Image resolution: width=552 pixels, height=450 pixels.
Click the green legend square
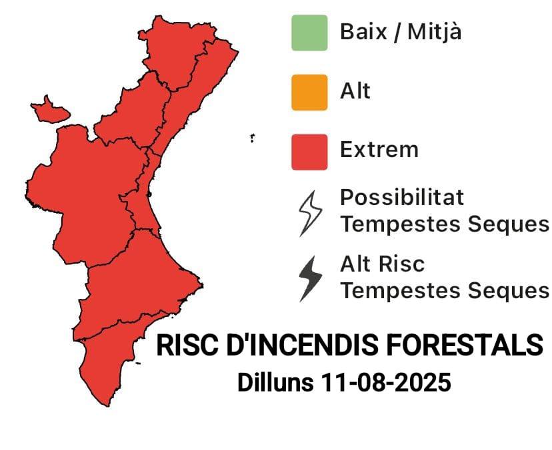pyautogui.click(x=309, y=33)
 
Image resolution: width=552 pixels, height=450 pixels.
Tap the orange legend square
pyautogui.click(x=309, y=93)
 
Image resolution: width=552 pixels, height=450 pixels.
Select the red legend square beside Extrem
pyautogui.click(x=309, y=152)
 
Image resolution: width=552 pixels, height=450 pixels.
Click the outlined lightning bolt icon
pyautogui.click(x=310, y=214)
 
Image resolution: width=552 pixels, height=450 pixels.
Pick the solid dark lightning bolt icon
pyautogui.click(x=310, y=279)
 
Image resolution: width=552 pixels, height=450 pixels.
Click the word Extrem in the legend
pyautogui.click(x=379, y=149)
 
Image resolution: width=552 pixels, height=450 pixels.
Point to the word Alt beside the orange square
pyautogui.click(x=355, y=91)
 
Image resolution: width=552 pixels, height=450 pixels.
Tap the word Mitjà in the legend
pyautogui.click(x=435, y=32)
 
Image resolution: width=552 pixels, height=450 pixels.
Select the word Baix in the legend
pyautogui.click(x=363, y=32)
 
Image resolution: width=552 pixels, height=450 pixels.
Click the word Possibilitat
pyautogui.click(x=402, y=197)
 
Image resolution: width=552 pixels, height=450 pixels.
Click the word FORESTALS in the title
pyautogui.click(x=465, y=345)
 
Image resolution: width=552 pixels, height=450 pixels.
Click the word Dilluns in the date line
pyautogui.click(x=275, y=382)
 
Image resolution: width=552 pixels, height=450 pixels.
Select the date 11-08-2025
pyautogui.click(x=386, y=382)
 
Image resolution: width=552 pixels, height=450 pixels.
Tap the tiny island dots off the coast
pyautogui.click(x=252, y=138)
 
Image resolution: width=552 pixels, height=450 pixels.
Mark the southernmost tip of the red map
pyautogui.click(x=107, y=406)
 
